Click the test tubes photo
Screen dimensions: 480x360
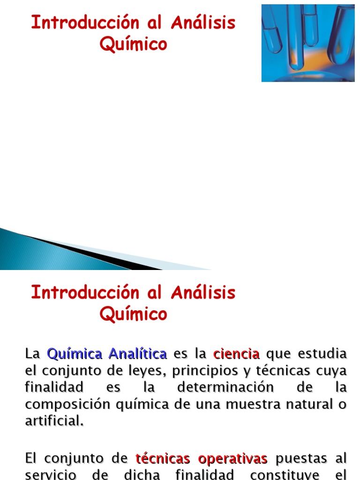click(x=307, y=43)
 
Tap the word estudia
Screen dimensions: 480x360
click(x=325, y=353)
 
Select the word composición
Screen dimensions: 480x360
click(x=66, y=405)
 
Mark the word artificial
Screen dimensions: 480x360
click(x=54, y=421)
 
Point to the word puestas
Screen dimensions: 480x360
click(x=302, y=458)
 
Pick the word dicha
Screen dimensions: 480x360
click(x=142, y=474)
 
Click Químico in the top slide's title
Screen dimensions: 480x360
click(x=133, y=44)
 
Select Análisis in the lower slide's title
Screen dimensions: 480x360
click(x=203, y=293)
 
